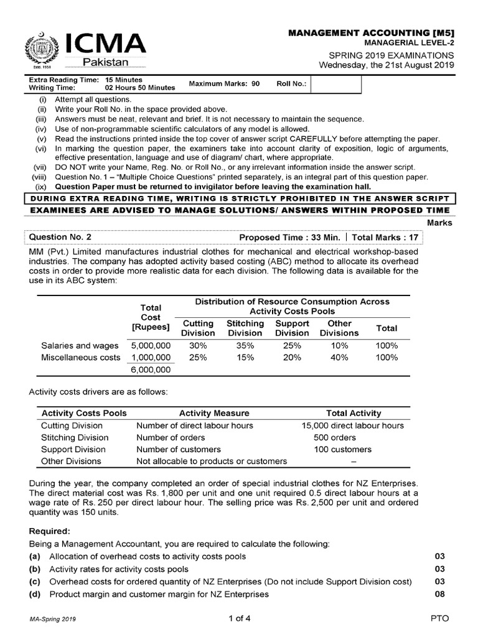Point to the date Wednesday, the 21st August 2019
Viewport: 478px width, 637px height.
pos(387,65)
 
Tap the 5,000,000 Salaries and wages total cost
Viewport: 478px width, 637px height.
pos(150,345)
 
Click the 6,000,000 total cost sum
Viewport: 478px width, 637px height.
pos(150,370)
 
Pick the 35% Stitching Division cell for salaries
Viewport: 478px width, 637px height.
pos(245,345)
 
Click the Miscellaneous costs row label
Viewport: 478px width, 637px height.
pos(81,358)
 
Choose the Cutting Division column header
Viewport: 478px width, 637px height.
pos(198,328)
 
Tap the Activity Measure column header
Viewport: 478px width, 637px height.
pos(214,413)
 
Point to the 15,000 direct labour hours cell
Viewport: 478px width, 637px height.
pos(353,425)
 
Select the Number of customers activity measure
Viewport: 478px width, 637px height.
pos(179,449)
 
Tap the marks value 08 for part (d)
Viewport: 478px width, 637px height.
pos(439,594)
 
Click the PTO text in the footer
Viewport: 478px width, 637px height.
pos(439,618)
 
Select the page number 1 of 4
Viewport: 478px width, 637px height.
pos(239,618)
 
